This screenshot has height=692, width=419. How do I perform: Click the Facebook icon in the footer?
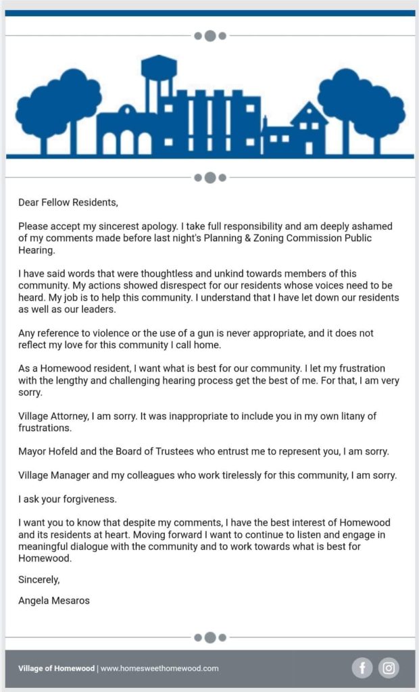point(362,668)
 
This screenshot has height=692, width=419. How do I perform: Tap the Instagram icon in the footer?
point(389,668)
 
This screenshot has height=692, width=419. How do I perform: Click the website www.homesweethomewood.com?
point(159,668)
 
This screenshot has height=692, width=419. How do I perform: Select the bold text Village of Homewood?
point(57,668)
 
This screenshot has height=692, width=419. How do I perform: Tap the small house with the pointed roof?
point(309,132)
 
